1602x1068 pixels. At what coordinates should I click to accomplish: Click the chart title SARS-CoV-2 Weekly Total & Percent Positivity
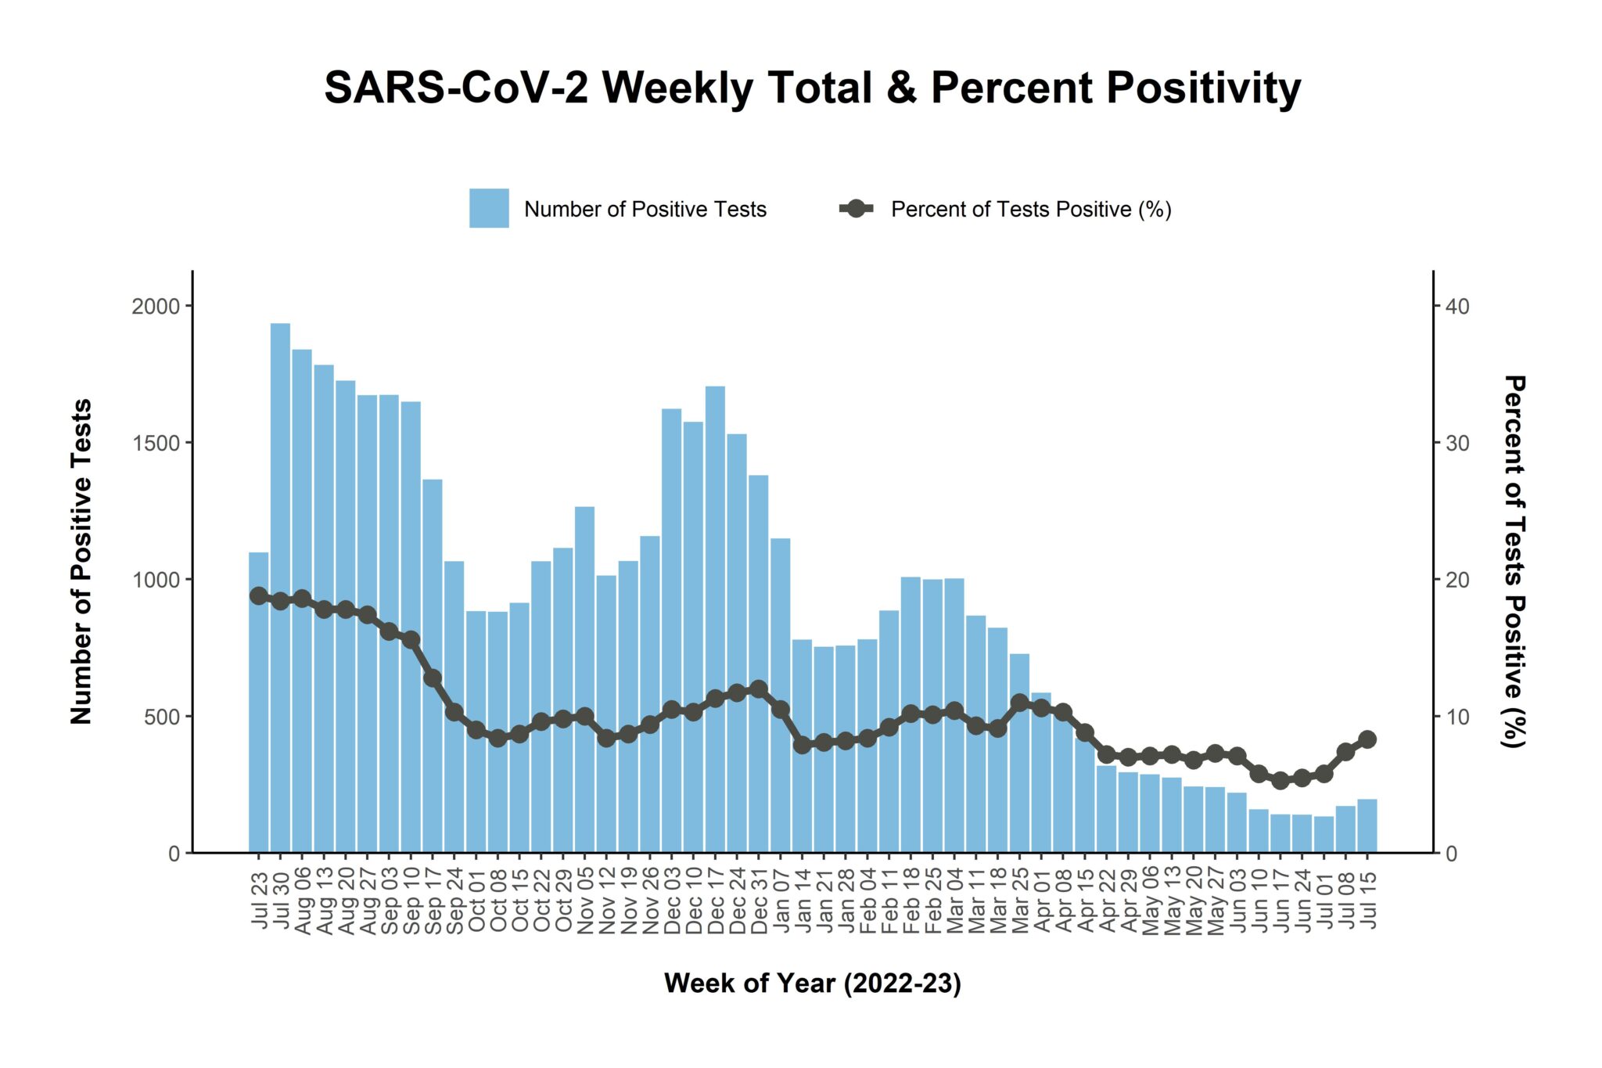tap(812, 88)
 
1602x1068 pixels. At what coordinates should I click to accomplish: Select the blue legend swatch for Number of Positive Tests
tap(489, 208)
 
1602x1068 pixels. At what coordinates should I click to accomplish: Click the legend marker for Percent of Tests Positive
tap(857, 208)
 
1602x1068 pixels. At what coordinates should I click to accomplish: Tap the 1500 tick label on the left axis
tap(156, 443)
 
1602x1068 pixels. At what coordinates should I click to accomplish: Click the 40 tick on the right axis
tap(1457, 306)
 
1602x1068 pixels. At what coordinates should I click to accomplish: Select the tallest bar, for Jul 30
tap(280, 587)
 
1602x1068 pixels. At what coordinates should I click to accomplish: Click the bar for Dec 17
tap(715, 618)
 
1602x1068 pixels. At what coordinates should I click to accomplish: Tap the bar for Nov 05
tap(584, 681)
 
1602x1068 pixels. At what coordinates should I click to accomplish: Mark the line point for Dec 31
tap(758, 689)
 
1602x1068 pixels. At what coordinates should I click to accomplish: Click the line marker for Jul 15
tap(1367, 739)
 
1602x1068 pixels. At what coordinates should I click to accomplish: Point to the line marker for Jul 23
tap(259, 596)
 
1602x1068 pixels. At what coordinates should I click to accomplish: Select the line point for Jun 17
tap(1281, 780)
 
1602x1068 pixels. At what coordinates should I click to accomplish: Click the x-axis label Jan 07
tap(781, 900)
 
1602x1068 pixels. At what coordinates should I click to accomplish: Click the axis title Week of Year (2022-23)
tap(812, 983)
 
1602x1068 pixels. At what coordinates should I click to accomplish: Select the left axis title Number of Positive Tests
tap(81, 561)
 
